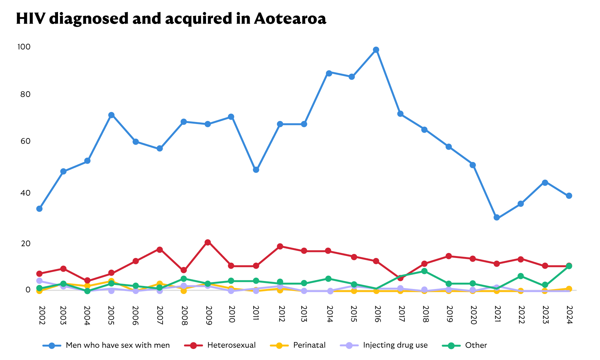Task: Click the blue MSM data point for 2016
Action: click(376, 50)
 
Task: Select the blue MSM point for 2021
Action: click(497, 218)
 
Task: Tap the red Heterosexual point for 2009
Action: click(208, 242)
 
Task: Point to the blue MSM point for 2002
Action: click(39, 209)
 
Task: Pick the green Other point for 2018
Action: click(424, 271)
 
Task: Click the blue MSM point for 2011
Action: click(256, 170)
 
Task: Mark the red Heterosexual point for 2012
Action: click(280, 246)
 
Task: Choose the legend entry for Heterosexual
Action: click(231, 345)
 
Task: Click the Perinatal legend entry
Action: click(309, 345)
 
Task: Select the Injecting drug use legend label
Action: click(395, 345)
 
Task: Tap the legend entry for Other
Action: click(476, 345)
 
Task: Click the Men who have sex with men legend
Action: click(117, 345)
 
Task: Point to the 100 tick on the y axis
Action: click(24, 47)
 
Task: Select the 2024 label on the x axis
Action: click(569, 315)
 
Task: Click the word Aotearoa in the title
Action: click(290, 19)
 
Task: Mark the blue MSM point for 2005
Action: click(111, 115)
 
